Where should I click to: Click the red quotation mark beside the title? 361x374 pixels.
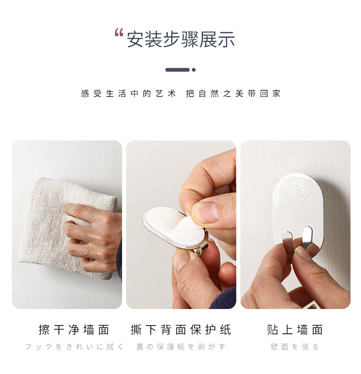point(119,33)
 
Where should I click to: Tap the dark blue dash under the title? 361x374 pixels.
point(177,69)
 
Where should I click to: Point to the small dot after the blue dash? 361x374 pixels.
point(193,69)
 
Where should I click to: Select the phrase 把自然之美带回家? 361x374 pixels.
point(233,94)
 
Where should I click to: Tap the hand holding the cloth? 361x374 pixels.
point(94,236)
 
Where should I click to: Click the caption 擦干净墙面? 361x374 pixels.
point(74,330)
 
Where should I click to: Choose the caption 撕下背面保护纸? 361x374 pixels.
point(181,330)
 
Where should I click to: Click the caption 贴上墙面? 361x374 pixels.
point(295,330)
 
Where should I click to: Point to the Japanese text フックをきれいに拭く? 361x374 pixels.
point(74,347)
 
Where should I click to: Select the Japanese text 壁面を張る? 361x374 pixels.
point(295,347)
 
